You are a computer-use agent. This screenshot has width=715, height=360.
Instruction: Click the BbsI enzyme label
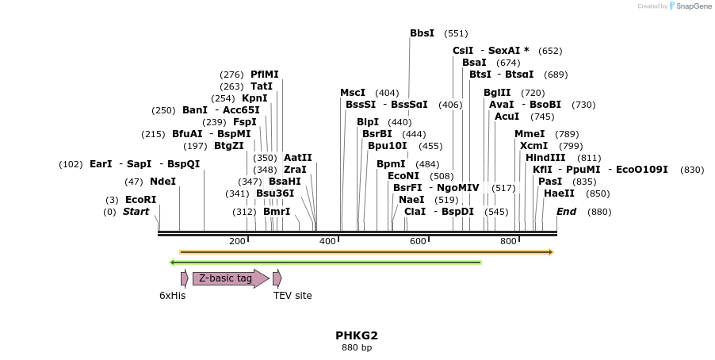(422, 33)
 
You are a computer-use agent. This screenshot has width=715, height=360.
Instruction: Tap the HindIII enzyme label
(545, 158)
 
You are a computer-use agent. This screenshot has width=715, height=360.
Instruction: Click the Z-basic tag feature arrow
(230, 278)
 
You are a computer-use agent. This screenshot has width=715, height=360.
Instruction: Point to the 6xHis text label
(172, 296)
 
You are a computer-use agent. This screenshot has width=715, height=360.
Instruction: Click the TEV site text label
(292, 296)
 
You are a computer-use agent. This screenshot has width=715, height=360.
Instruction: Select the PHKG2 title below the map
(357, 335)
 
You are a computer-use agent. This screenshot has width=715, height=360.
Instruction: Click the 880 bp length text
(357, 347)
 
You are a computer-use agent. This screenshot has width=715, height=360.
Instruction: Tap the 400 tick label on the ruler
(327, 241)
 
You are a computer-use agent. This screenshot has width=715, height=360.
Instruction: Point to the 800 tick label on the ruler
(508, 241)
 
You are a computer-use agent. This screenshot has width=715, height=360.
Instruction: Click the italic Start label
(136, 212)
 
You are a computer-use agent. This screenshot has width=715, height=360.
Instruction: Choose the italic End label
(566, 212)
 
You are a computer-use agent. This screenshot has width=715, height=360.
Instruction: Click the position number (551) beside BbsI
(456, 33)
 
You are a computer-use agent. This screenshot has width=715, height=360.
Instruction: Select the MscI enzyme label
(353, 93)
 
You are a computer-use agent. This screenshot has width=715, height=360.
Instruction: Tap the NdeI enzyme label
(162, 182)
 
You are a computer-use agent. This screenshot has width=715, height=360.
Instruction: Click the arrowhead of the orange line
(550, 252)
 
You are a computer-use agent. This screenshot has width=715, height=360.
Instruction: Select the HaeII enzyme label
(559, 193)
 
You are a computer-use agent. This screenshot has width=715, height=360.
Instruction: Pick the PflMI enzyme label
(265, 75)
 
